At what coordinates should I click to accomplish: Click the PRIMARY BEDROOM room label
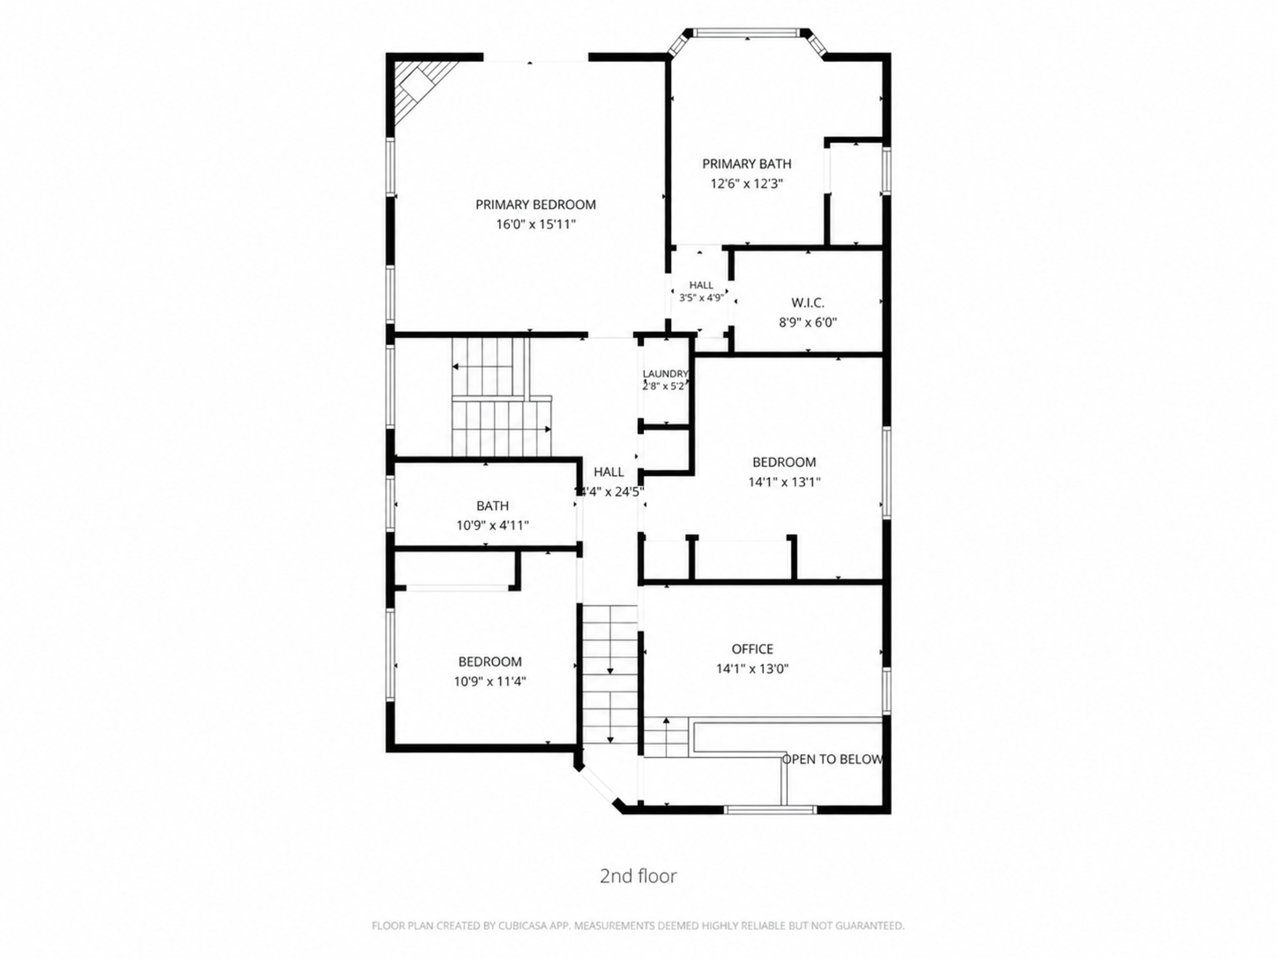point(536,205)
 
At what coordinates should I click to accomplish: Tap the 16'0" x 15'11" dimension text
point(536,225)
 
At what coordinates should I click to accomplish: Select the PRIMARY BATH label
point(746,164)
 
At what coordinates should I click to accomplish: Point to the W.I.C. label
point(807,303)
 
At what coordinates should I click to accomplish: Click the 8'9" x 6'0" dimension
point(807,322)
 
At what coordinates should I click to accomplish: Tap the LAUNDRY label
point(665,374)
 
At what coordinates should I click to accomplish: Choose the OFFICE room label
point(753,649)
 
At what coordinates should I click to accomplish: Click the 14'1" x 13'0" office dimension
point(753,669)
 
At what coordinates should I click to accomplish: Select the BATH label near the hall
point(493,506)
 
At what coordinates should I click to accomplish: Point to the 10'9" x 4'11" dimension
point(493,526)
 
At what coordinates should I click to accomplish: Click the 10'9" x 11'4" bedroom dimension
point(490,682)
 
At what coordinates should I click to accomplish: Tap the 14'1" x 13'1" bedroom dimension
point(784,482)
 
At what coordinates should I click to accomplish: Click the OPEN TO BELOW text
point(832,759)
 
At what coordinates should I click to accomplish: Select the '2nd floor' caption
point(638,876)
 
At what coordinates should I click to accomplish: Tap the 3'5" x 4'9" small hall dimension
point(701,298)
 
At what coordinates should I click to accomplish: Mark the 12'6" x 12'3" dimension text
point(746,184)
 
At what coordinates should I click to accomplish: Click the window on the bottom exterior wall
point(770,810)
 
